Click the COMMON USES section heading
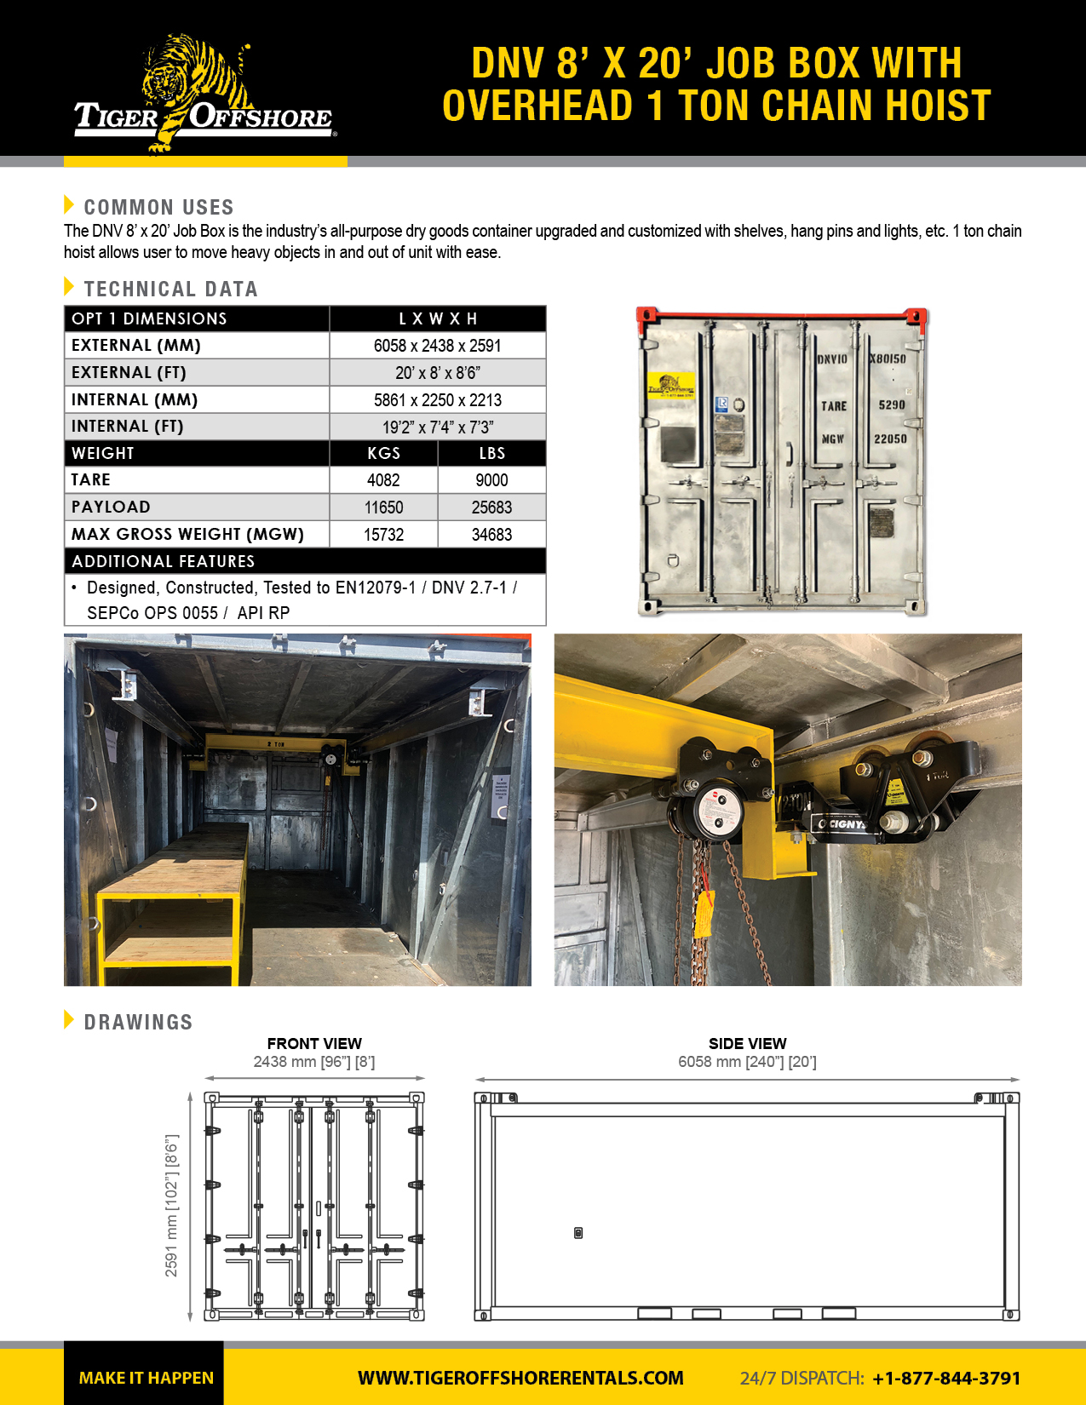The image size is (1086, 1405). (x=158, y=207)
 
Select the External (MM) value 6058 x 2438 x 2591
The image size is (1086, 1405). (x=437, y=346)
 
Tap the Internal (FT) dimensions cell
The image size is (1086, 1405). (x=437, y=427)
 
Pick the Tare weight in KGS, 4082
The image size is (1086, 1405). (x=383, y=480)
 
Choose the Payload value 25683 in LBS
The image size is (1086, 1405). (x=491, y=508)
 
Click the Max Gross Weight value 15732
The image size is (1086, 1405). (x=383, y=535)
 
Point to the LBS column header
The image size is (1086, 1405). (x=491, y=454)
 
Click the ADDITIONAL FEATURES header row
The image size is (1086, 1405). (x=305, y=561)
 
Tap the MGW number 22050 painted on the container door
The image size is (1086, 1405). (x=890, y=439)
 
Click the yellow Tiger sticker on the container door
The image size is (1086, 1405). (x=670, y=386)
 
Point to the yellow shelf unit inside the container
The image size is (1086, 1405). (x=170, y=911)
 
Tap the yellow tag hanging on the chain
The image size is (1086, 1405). (x=704, y=915)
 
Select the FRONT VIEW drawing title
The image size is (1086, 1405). (x=314, y=1044)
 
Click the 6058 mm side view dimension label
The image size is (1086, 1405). (x=747, y=1062)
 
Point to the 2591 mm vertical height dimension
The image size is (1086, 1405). (x=172, y=1206)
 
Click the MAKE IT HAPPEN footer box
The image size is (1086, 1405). (x=145, y=1377)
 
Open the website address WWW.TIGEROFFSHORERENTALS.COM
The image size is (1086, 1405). (x=520, y=1378)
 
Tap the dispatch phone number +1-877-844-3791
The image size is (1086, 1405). (x=946, y=1378)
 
